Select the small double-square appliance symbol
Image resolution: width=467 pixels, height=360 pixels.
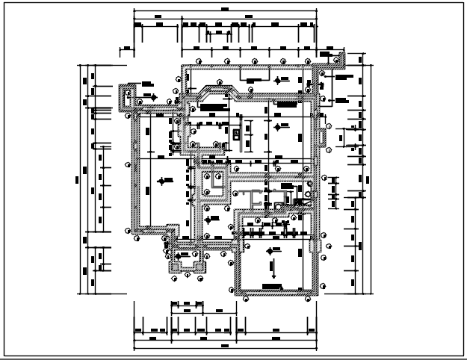point(236,134)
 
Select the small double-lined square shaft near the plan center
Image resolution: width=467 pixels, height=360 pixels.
point(216,179)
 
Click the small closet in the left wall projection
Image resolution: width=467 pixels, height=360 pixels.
point(128,98)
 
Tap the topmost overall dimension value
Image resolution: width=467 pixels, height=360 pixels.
point(225,14)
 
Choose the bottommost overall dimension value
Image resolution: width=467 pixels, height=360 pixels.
point(225,347)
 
